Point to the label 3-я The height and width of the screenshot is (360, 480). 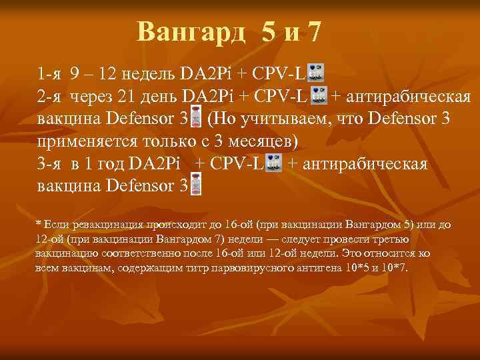pos(49,164)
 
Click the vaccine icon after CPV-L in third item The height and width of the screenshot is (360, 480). pos(273,163)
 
